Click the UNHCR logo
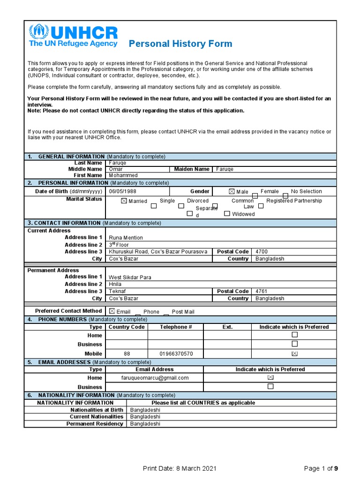click(x=73, y=36)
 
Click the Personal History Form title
click(x=180, y=44)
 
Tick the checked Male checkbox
click(x=232, y=192)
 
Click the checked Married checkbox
click(x=124, y=201)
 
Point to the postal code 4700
click(x=262, y=252)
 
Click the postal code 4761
click(x=262, y=292)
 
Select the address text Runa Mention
click(x=126, y=238)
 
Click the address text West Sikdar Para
click(x=130, y=277)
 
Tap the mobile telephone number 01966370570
click(x=176, y=354)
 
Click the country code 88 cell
click(x=127, y=354)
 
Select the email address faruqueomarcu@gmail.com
click(x=148, y=378)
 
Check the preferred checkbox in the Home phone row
click(x=294, y=335)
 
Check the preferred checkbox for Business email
click(x=270, y=387)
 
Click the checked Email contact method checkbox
click(x=112, y=311)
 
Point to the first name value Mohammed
click(x=123, y=175)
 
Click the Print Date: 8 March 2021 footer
click(x=180, y=468)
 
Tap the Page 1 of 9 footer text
click(x=321, y=468)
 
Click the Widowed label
click(x=243, y=214)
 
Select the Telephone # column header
click(x=176, y=327)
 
